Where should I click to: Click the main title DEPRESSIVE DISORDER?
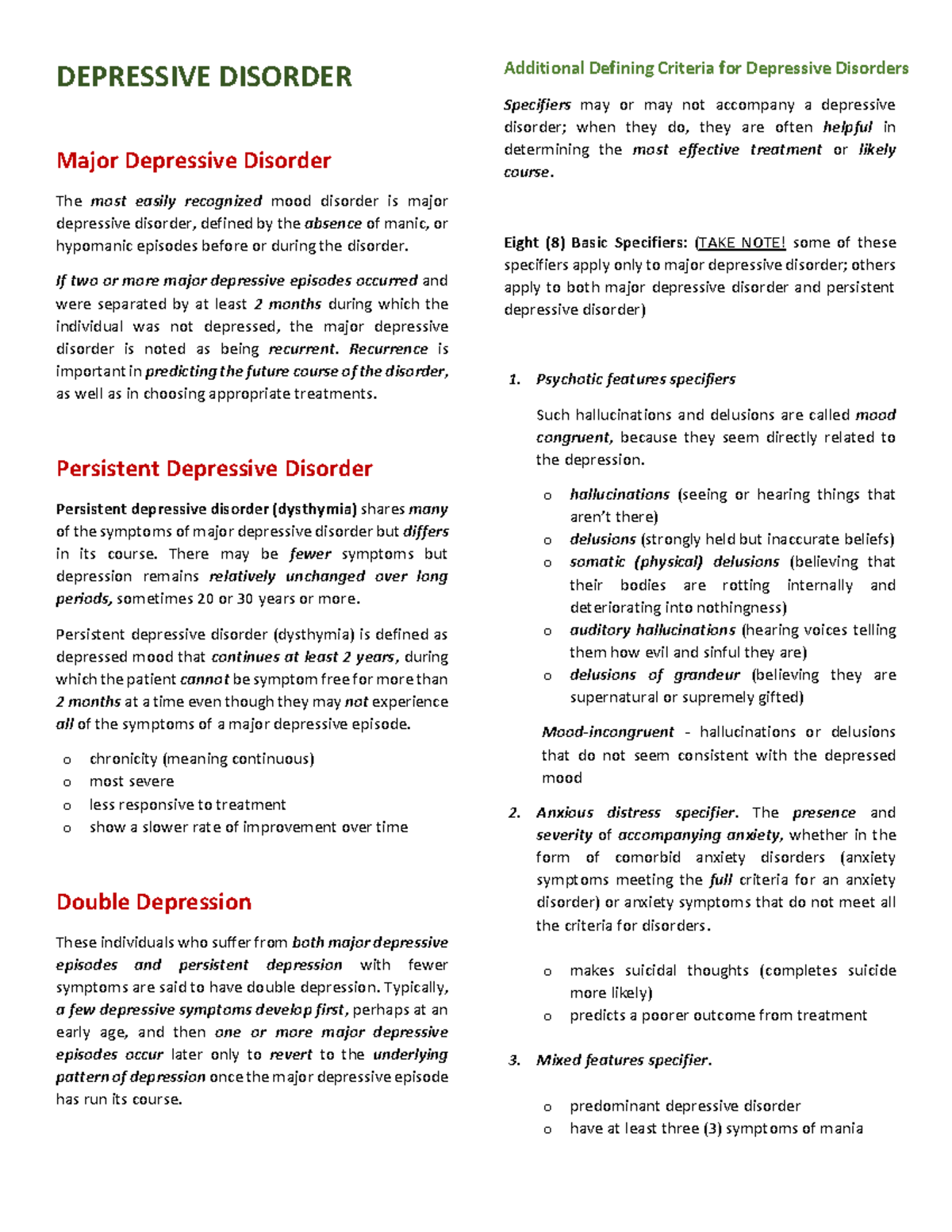(204, 77)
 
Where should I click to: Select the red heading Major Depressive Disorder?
(194, 161)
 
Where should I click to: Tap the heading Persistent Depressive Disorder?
(214, 469)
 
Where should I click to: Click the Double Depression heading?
(154, 902)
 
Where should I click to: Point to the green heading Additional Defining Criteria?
(706, 68)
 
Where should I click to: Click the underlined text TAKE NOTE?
(741, 243)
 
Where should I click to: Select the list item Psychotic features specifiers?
(635, 379)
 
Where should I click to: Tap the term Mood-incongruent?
(608, 732)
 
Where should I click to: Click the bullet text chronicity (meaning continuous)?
(202, 759)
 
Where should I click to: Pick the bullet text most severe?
(132, 781)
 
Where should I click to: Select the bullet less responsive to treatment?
(187, 804)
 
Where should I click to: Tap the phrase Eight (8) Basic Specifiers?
(596, 243)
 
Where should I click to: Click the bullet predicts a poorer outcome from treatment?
(718, 1015)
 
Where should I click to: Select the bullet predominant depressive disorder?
(685, 1106)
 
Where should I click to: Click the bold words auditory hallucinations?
(652, 630)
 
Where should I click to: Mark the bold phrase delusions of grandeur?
(654, 675)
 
